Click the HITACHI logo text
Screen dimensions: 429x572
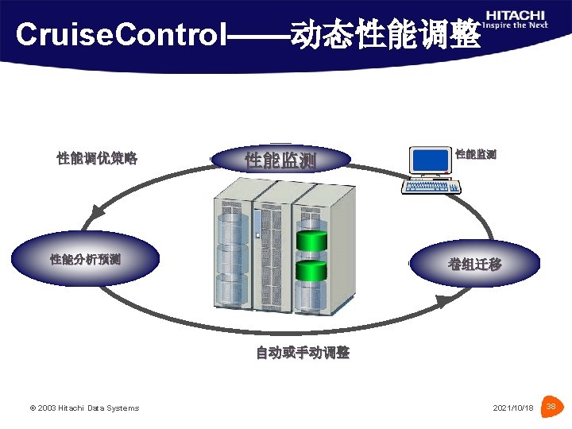(x=516, y=14)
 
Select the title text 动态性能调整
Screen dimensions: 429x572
(x=385, y=34)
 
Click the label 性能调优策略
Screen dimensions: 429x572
(x=97, y=158)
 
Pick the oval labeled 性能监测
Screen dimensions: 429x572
(x=281, y=160)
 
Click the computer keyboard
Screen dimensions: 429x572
(x=431, y=187)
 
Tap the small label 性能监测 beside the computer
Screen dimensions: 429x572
(x=476, y=153)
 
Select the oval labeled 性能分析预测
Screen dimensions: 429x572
(x=85, y=259)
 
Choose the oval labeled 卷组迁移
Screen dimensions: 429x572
(x=474, y=264)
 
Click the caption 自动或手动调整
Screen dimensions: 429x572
(x=303, y=353)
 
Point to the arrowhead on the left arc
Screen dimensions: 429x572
(x=96, y=212)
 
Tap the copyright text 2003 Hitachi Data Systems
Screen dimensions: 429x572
(x=84, y=408)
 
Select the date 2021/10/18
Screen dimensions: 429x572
(x=513, y=408)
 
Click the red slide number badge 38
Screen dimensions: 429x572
(x=551, y=408)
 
